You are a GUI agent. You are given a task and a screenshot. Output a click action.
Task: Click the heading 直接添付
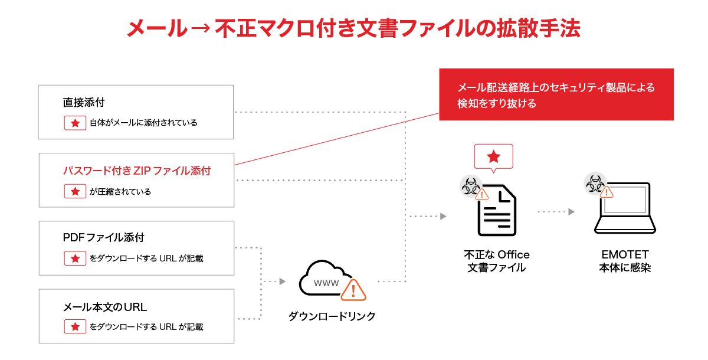click(84, 102)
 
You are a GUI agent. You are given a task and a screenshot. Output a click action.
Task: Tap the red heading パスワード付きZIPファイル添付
click(137, 171)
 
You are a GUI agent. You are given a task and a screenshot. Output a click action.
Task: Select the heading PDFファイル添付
click(103, 238)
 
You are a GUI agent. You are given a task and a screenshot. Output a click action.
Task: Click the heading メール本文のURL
click(104, 307)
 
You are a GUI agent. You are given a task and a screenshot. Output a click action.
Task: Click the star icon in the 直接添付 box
click(75, 123)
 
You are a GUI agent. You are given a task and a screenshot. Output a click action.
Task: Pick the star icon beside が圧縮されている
click(75, 191)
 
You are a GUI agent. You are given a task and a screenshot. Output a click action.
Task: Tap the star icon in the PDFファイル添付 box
click(75, 258)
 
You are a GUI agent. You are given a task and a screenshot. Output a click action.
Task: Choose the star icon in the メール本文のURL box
click(75, 326)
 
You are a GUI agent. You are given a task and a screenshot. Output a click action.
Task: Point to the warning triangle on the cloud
click(353, 290)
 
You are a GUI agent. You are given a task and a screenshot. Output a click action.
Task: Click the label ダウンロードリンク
click(332, 316)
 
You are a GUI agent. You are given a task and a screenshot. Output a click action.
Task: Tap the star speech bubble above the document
click(494, 157)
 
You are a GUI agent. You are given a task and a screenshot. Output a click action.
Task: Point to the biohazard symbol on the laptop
click(594, 183)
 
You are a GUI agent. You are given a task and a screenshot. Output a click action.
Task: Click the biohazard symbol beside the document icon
click(470, 186)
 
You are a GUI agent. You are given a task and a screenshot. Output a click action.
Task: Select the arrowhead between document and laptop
click(571, 211)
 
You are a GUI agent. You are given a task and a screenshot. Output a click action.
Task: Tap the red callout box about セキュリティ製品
click(556, 94)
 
